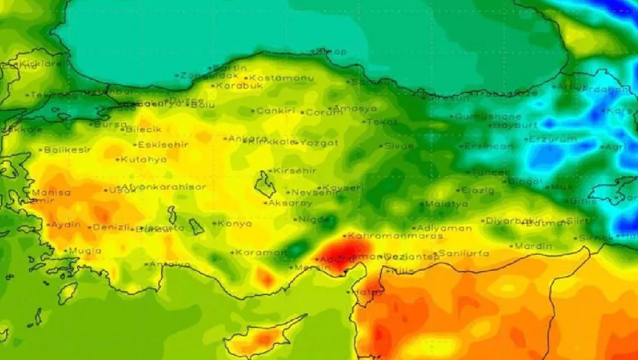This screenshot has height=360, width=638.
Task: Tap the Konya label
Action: [235, 223]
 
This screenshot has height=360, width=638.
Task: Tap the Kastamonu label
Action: [273, 78]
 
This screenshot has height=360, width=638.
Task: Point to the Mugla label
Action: [85, 251]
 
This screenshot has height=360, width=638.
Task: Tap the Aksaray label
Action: [290, 203]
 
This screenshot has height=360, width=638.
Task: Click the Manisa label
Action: [51, 193]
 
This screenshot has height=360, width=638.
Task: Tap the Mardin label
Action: [533, 246]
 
